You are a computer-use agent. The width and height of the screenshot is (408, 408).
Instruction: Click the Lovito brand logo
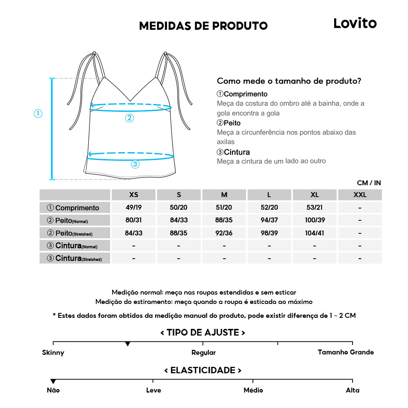coord(355,23)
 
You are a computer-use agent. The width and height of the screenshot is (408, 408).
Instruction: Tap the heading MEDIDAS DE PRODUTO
coord(203,26)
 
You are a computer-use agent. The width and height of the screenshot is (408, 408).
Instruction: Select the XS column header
coord(133,195)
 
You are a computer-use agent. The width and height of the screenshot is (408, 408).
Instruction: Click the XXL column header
coord(359,195)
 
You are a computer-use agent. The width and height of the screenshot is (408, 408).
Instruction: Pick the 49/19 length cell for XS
coord(133,207)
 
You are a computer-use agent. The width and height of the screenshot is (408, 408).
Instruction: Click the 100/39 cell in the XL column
coord(314,220)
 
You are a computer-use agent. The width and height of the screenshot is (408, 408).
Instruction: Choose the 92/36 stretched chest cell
coord(224,233)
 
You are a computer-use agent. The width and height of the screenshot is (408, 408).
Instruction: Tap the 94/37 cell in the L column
coord(269,220)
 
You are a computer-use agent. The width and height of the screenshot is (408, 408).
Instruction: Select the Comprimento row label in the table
coord(75,208)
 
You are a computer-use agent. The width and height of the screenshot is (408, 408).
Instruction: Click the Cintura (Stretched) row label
coord(75,258)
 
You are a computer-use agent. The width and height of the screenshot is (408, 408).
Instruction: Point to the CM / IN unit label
coord(369,183)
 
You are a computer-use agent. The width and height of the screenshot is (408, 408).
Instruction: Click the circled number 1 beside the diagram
coord(38,114)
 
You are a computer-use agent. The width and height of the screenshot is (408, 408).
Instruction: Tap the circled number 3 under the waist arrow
coord(135,164)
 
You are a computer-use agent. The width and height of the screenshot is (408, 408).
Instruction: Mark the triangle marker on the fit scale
coord(128,344)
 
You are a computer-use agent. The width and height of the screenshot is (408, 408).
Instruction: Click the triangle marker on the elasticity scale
coord(53,381)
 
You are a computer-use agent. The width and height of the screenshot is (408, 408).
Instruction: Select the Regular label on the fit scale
coord(204,353)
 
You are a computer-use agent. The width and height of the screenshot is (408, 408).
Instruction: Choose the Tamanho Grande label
coord(346,352)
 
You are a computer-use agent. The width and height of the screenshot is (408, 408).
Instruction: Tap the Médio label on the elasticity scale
coord(253,390)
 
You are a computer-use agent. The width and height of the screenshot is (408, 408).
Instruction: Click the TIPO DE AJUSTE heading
coord(203,333)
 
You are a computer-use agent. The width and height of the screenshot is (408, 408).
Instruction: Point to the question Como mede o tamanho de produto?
coord(289,81)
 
